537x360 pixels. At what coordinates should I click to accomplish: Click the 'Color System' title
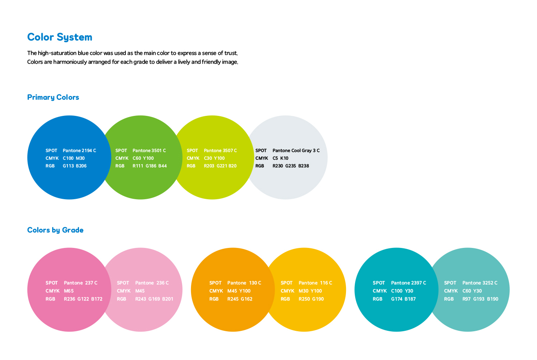pos(60,37)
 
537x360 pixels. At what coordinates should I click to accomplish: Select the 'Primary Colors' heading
pos(53,97)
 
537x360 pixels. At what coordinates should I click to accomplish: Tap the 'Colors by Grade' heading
pos(55,230)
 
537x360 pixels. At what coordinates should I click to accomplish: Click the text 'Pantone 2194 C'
pos(79,150)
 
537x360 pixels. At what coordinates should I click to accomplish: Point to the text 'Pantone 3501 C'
pos(149,150)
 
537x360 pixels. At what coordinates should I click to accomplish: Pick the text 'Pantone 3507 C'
pos(220,150)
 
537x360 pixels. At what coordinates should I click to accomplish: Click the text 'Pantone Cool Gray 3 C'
pos(296,150)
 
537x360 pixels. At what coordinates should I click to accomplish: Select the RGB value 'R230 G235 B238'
pos(291,166)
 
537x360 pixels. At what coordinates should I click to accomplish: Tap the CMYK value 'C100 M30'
pos(74,158)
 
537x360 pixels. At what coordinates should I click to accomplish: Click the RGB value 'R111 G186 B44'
pos(150,166)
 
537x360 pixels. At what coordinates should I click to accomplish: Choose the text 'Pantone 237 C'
pos(81,283)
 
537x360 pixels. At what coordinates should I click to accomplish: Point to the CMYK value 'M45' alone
pos(140,291)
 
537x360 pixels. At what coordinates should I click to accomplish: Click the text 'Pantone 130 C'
pos(244,283)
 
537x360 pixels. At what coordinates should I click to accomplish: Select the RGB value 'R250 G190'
pos(311,299)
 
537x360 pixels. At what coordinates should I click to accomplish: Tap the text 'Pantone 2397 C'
pos(409,283)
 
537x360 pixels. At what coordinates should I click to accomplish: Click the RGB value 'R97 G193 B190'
pos(480,299)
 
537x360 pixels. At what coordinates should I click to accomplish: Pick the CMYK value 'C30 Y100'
pos(214,158)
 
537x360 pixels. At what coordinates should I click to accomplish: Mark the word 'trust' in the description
pos(231,53)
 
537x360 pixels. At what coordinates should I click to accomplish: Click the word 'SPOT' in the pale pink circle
pos(123,283)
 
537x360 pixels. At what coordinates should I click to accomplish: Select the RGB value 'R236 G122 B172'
pos(83,299)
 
